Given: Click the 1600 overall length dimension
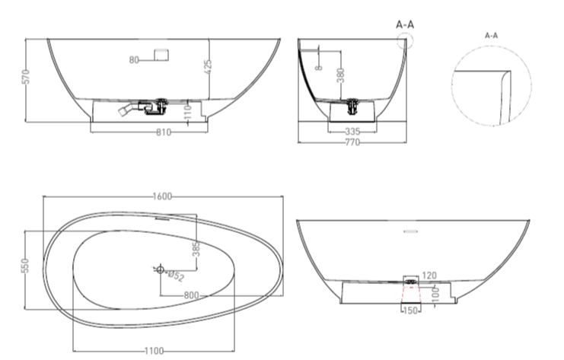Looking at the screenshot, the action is pos(162,196).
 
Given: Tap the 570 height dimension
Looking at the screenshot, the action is pos(26,77).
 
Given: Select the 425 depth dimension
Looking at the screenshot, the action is pos(208,67).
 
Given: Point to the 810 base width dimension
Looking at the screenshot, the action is pos(164,132).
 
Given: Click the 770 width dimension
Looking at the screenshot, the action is pos(352,142).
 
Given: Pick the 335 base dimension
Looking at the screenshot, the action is pos(352,132).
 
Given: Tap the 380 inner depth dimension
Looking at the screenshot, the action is pos(340,75).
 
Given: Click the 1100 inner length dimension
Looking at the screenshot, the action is pos(154,351).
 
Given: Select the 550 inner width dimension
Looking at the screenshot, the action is pos(25,266).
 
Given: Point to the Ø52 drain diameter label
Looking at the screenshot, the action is pos(176,276).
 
